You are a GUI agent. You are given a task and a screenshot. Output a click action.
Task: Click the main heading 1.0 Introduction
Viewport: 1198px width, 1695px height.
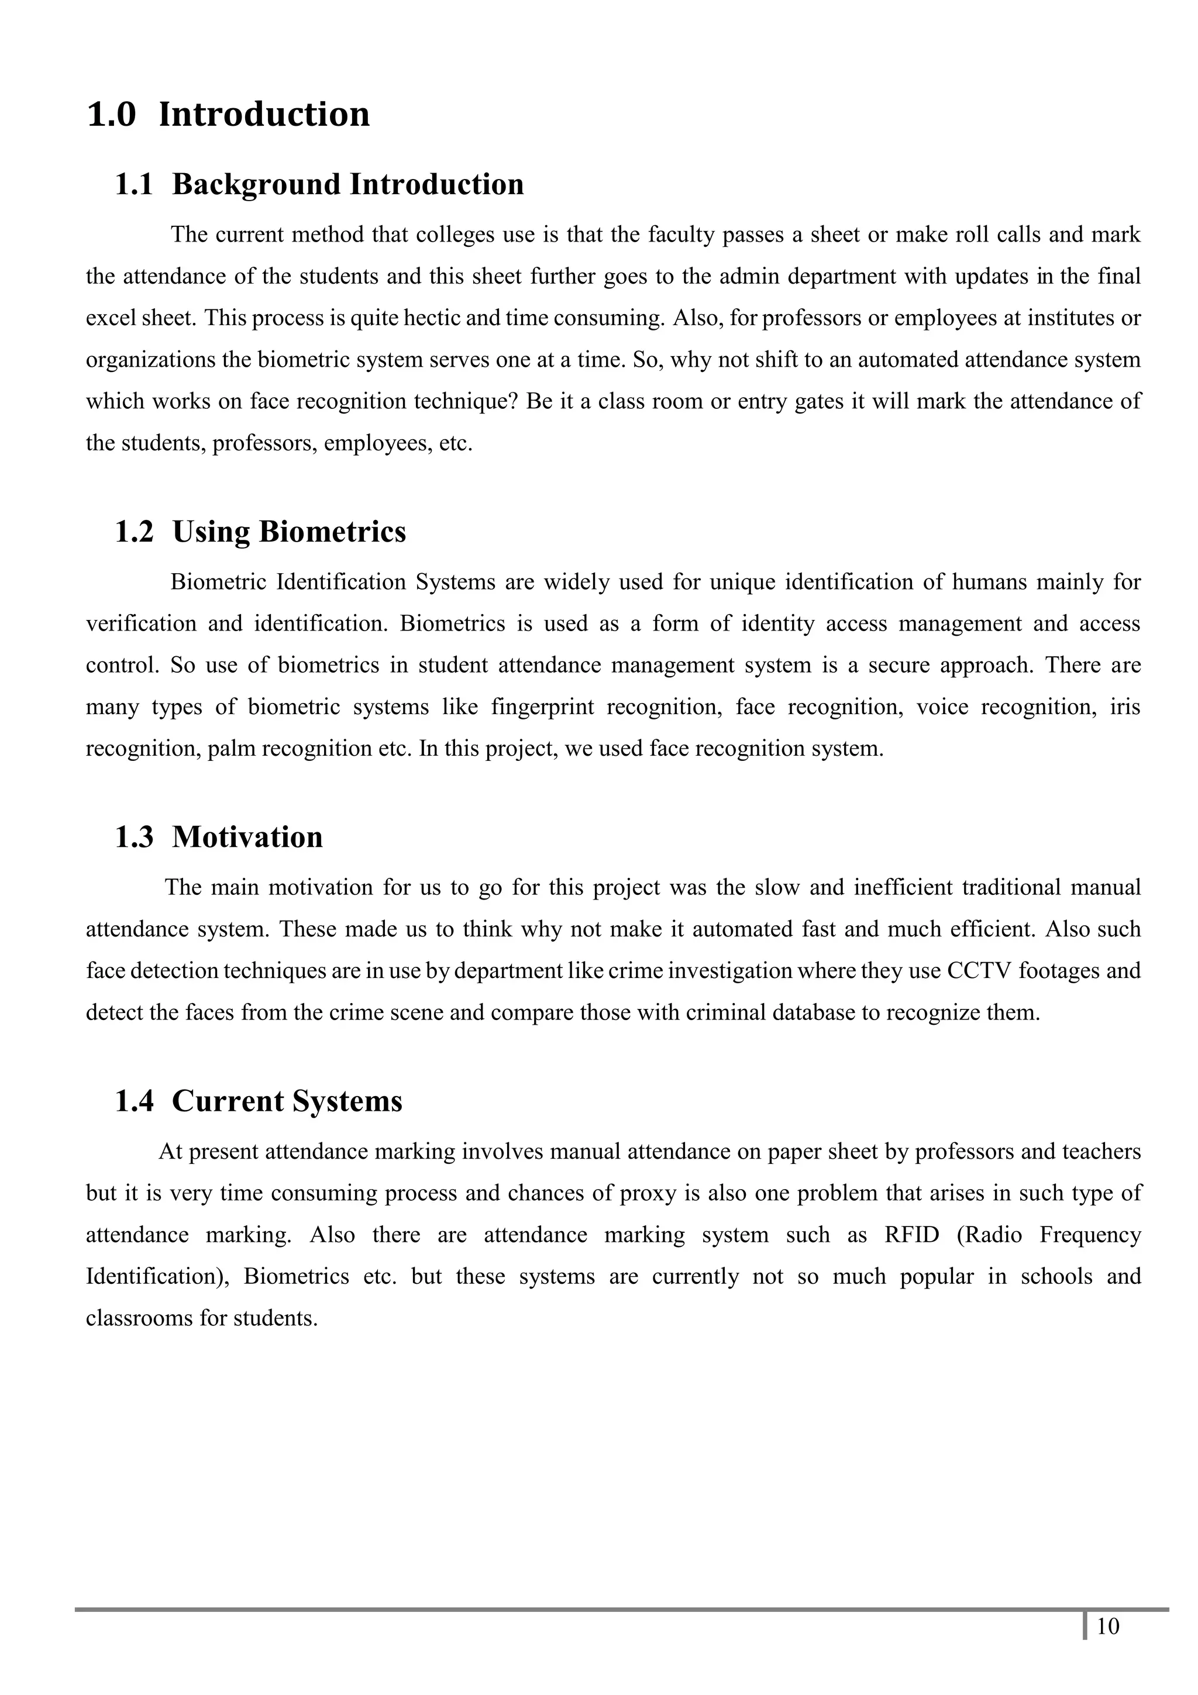(228, 115)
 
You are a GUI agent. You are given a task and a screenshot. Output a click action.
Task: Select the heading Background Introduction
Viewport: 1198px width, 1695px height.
(347, 185)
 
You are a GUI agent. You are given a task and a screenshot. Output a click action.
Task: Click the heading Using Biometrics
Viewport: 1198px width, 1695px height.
(288, 532)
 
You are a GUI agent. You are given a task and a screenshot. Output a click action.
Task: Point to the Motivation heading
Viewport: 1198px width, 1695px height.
(247, 837)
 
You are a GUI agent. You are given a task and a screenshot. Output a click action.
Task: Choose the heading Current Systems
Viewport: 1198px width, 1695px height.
(287, 1101)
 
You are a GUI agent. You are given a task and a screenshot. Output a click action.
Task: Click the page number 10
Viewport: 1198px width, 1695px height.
(1108, 1647)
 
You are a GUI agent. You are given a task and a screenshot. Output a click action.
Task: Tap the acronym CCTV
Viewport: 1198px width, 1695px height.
(978, 970)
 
